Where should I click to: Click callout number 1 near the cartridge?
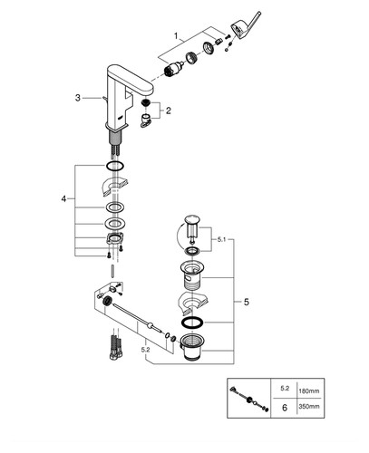point(176,36)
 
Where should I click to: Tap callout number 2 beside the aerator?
point(168,111)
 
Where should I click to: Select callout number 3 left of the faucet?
point(78,98)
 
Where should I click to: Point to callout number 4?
point(63,198)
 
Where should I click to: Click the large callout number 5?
point(247,302)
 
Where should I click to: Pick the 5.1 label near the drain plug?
point(221,239)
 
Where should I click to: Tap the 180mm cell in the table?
point(309,391)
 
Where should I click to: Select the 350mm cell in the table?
point(309,407)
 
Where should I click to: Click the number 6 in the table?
point(285,408)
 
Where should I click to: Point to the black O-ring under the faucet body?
point(115,166)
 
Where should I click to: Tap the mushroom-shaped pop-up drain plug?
point(191,226)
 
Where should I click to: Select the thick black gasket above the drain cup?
point(192,323)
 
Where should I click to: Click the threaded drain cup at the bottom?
point(192,347)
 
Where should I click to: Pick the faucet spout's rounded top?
point(131,78)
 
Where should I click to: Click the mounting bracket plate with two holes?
point(115,239)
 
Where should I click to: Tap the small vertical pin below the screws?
point(113,270)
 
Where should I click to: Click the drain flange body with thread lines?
point(193,275)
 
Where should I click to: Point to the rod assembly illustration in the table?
point(249,399)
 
